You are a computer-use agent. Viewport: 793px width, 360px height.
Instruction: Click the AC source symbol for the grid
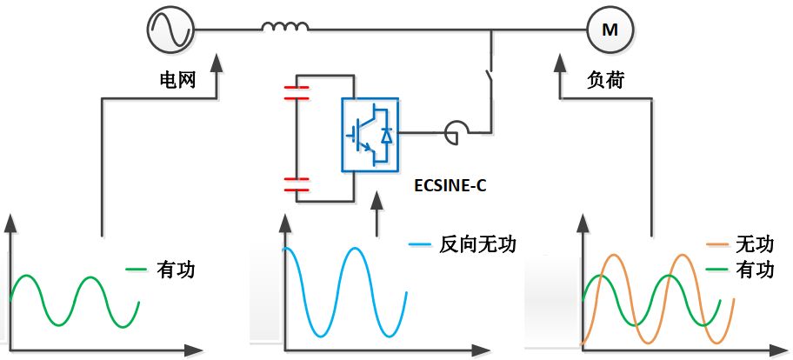tap(170, 30)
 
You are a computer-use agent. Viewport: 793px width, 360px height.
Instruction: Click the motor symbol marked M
tap(610, 30)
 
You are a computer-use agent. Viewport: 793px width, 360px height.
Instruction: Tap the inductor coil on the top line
tap(285, 30)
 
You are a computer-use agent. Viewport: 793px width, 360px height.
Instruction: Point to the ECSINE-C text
tap(450, 185)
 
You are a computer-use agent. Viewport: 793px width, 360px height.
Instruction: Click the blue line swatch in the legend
tap(419, 245)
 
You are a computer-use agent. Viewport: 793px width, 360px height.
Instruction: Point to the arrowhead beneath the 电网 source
tap(217, 64)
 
